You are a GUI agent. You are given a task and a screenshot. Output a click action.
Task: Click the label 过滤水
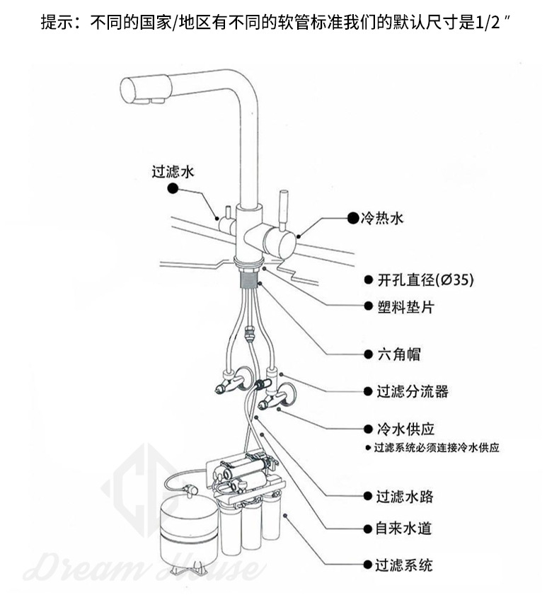pyautogui.click(x=173, y=172)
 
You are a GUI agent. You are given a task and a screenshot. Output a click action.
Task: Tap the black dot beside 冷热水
pyautogui.click(x=352, y=218)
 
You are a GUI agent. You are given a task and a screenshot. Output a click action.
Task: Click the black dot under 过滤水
pyautogui.click(x=173, y=189)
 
